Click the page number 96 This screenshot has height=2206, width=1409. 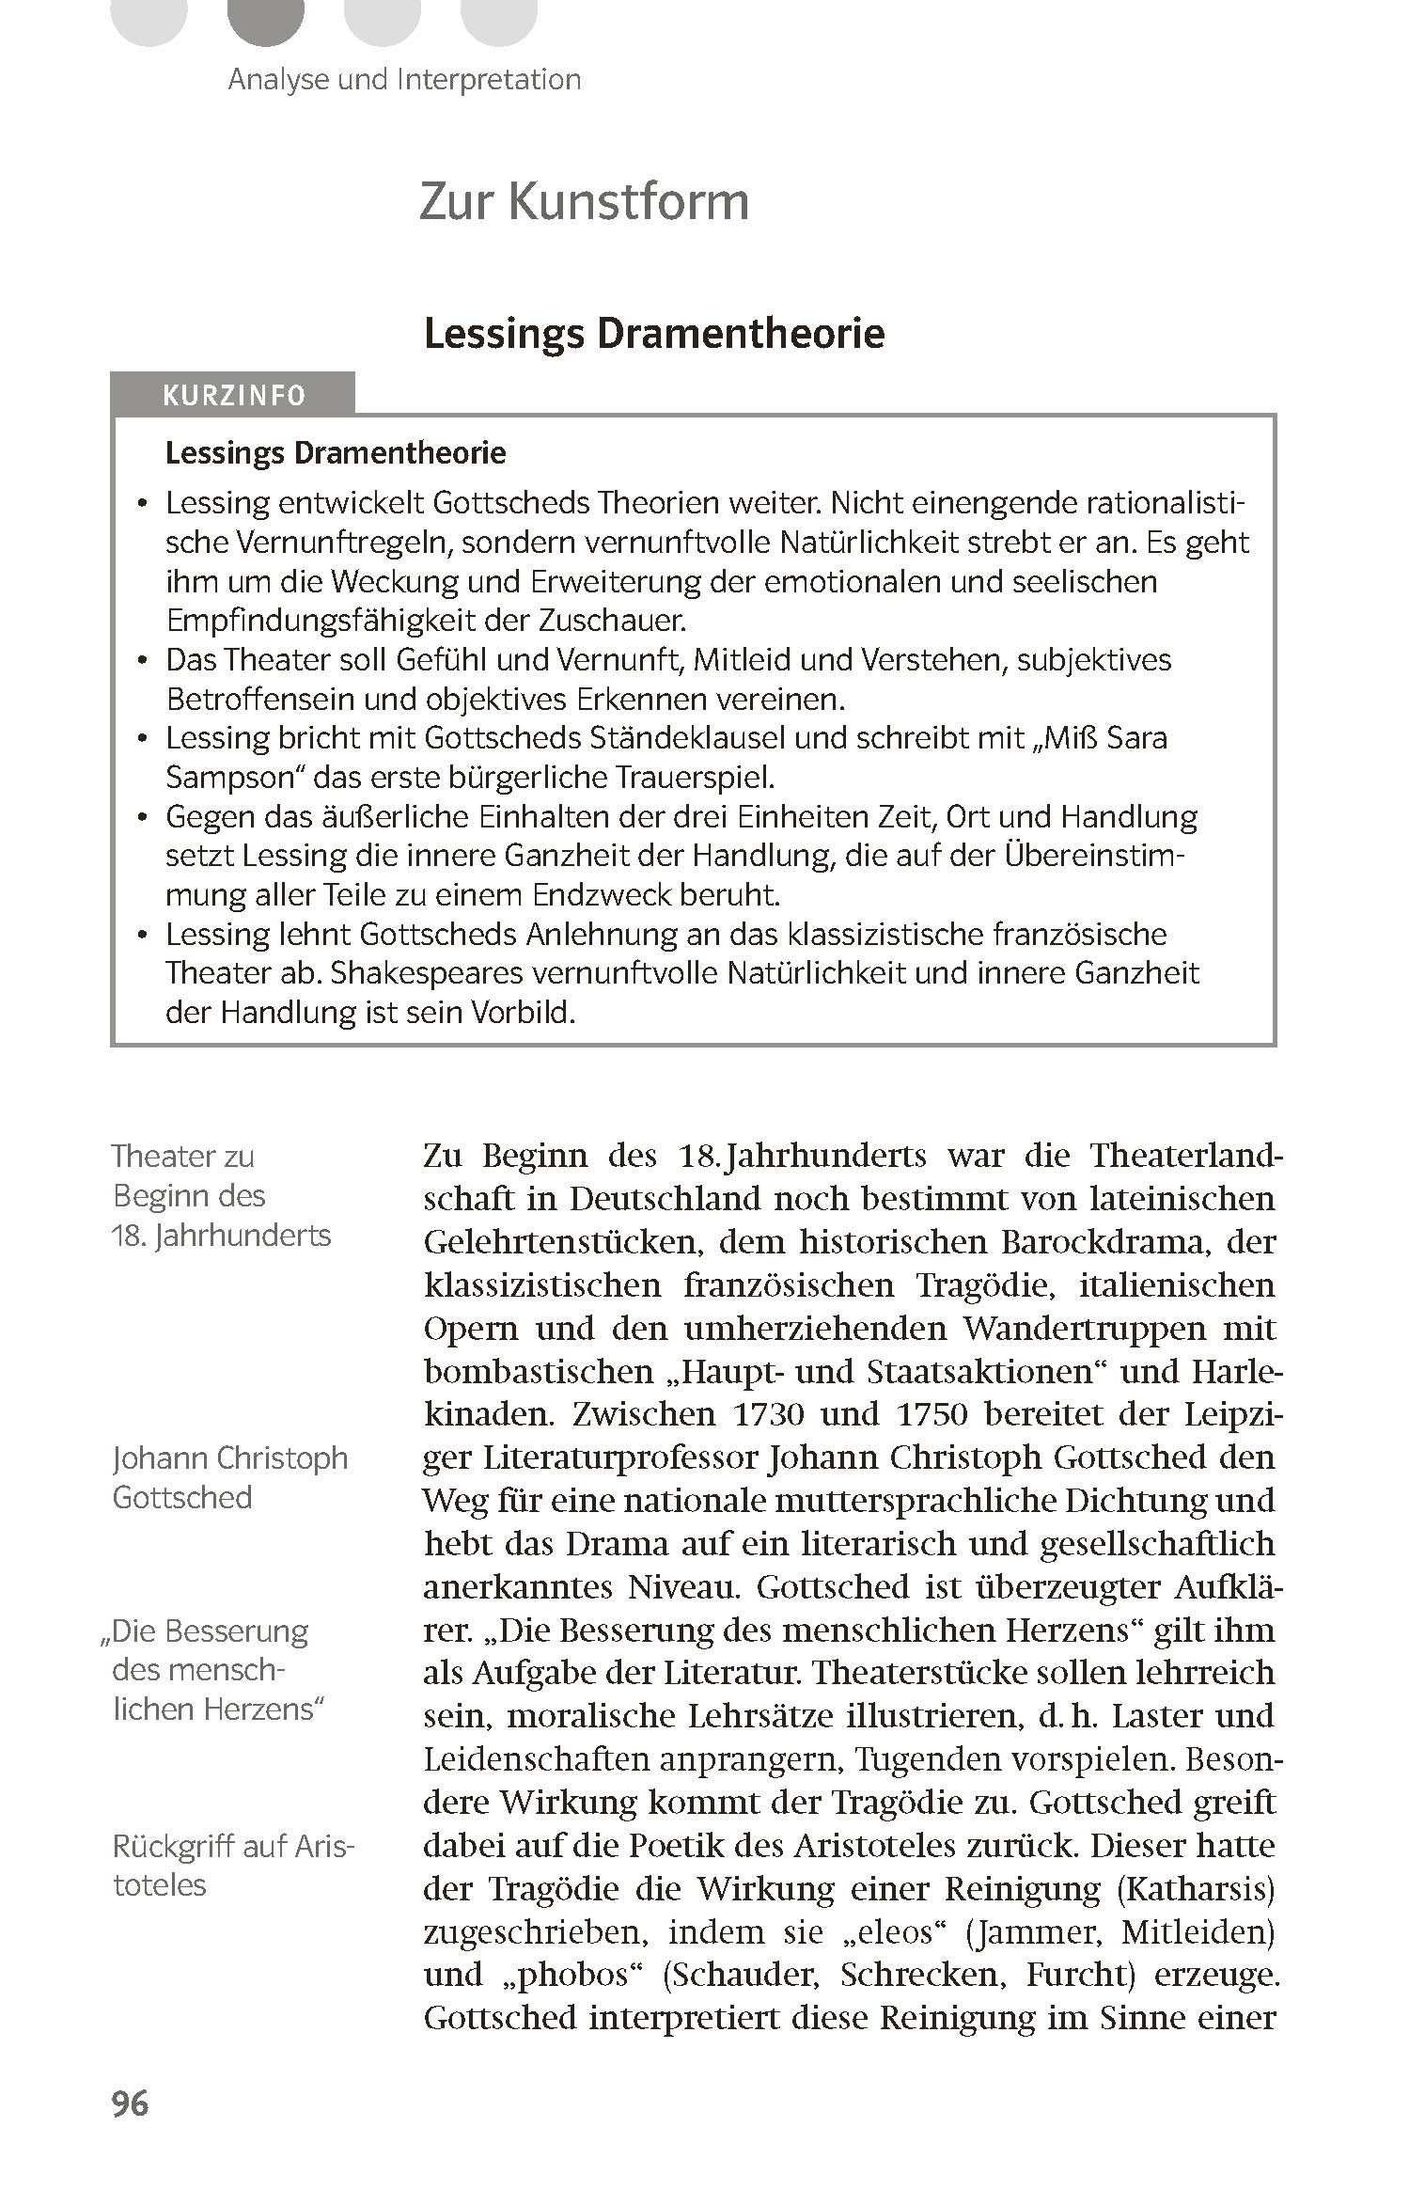tap(130, 2103)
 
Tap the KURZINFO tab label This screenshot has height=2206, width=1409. tap(234, 395)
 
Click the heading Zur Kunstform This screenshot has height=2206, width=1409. tap(584, 201)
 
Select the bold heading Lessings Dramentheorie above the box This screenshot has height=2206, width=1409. tap(654, 334)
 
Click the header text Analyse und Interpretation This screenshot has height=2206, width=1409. tap(404, 79)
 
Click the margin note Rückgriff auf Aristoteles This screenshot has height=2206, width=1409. tap(232, 1866)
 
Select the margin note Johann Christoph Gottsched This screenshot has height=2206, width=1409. tap(229, 1477)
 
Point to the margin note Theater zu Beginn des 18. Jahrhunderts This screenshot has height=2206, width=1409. tap(221, 1195)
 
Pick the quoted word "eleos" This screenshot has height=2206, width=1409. tap(884, 1932)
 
